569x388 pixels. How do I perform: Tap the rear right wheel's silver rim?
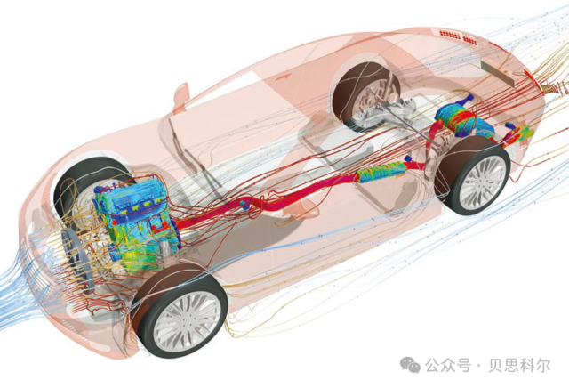(x=482, y=182)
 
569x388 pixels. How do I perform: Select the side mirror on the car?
(x=181, y=96)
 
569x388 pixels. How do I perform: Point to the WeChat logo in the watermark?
(x=410, y=364)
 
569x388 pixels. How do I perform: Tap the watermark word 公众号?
(x=448, y=365)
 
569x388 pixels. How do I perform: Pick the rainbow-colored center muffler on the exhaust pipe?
(x=381, y=171)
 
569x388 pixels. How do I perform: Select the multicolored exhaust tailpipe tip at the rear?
(x=521, y=133)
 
